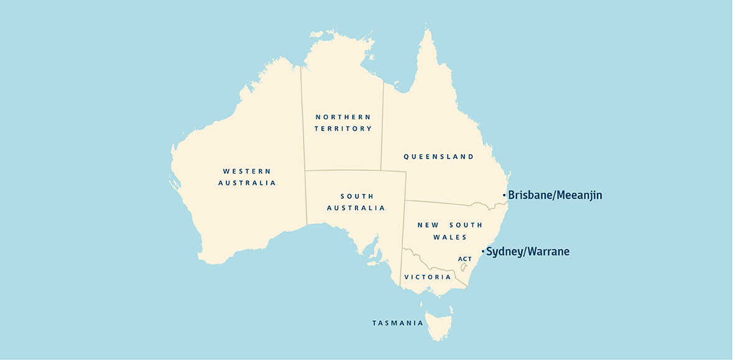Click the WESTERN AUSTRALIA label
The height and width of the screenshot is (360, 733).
pos(247,177)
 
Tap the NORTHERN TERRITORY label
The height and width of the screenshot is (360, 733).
pos(343,122)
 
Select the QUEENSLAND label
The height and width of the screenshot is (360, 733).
pos(438,157)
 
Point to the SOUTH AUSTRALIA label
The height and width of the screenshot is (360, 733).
pos(356,201)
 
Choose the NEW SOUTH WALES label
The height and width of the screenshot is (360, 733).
pos(441,231)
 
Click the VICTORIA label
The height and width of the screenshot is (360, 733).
pos(427,277)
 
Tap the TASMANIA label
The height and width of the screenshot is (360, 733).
pos(398,323)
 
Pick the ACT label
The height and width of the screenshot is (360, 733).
pos(464,259)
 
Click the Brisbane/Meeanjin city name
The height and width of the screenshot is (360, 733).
pos(555,195)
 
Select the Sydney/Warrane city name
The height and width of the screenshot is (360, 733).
pos(527,252)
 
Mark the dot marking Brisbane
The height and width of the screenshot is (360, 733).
pos(504,195)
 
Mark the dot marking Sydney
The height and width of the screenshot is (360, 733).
pos(482,252)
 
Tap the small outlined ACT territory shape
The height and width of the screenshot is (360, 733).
pos(463,267)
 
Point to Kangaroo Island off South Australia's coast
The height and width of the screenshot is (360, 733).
pos(374,263)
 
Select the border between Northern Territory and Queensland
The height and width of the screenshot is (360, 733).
pos(382,124)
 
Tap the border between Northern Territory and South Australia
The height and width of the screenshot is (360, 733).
pos(342,170)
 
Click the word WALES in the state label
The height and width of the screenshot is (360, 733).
pos(451,237)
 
